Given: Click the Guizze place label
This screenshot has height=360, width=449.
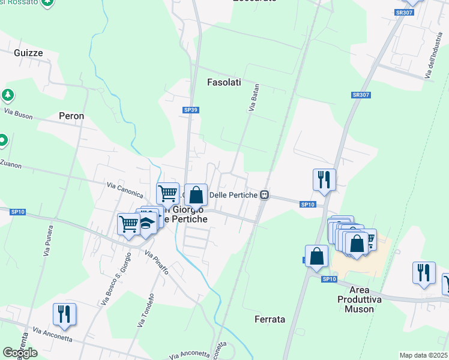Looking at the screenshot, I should (x=28, y=53).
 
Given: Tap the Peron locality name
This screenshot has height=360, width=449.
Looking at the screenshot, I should (x=71, y=116).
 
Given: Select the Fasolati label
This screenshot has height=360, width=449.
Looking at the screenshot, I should (x=224, y=82).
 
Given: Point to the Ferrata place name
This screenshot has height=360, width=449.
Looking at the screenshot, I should (x=270, y=319).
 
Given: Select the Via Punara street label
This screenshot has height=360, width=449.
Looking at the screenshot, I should (x=48, y=241).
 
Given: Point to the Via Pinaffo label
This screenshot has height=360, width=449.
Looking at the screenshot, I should (x=156, y=263).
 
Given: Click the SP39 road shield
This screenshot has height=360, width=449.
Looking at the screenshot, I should (x=190, y=110).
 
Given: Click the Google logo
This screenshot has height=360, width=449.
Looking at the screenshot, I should (x=20, y=353).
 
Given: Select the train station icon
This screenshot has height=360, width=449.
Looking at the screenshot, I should (x=264, y=195).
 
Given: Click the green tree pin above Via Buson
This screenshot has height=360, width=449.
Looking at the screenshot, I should (x=7, y=95).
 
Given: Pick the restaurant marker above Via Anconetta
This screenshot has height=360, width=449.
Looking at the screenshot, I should (x=64, y=314).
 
